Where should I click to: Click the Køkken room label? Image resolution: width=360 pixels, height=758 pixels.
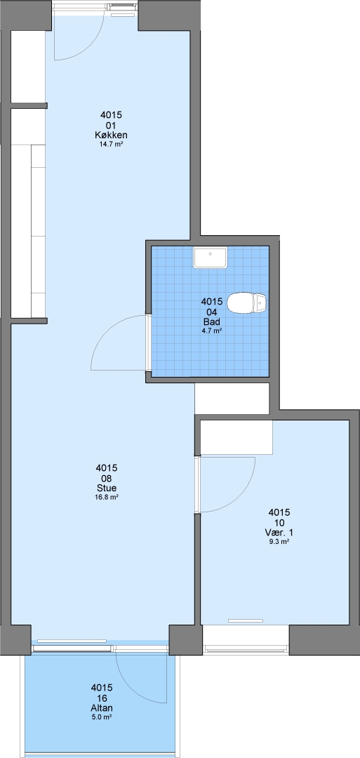pos(111,135)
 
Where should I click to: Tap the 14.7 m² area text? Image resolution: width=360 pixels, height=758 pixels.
pos(111,144)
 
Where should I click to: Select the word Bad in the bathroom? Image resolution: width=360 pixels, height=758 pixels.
pos(212,321)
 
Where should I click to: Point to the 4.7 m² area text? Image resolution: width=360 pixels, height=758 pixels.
pos(212,331)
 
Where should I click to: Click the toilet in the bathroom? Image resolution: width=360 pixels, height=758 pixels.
pos(246,303)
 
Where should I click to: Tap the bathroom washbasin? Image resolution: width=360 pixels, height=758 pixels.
pos(211,258)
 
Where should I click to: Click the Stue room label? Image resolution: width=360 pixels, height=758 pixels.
pos(107,488)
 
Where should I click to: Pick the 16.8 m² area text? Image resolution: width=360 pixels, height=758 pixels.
pos(107,496)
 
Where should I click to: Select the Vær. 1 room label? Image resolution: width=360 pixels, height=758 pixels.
pos(279,533)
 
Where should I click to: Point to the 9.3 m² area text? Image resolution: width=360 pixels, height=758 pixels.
pos(279,542)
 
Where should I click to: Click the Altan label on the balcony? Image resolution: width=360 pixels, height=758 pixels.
pos(102,708)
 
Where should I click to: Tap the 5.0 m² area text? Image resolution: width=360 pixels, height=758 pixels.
pos(102,717)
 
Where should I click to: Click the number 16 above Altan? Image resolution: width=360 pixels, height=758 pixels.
pos(102,698)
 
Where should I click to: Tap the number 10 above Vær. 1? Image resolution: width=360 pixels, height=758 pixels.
pos(279,523)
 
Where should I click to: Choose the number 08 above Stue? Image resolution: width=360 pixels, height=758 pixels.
pos(107,478)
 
